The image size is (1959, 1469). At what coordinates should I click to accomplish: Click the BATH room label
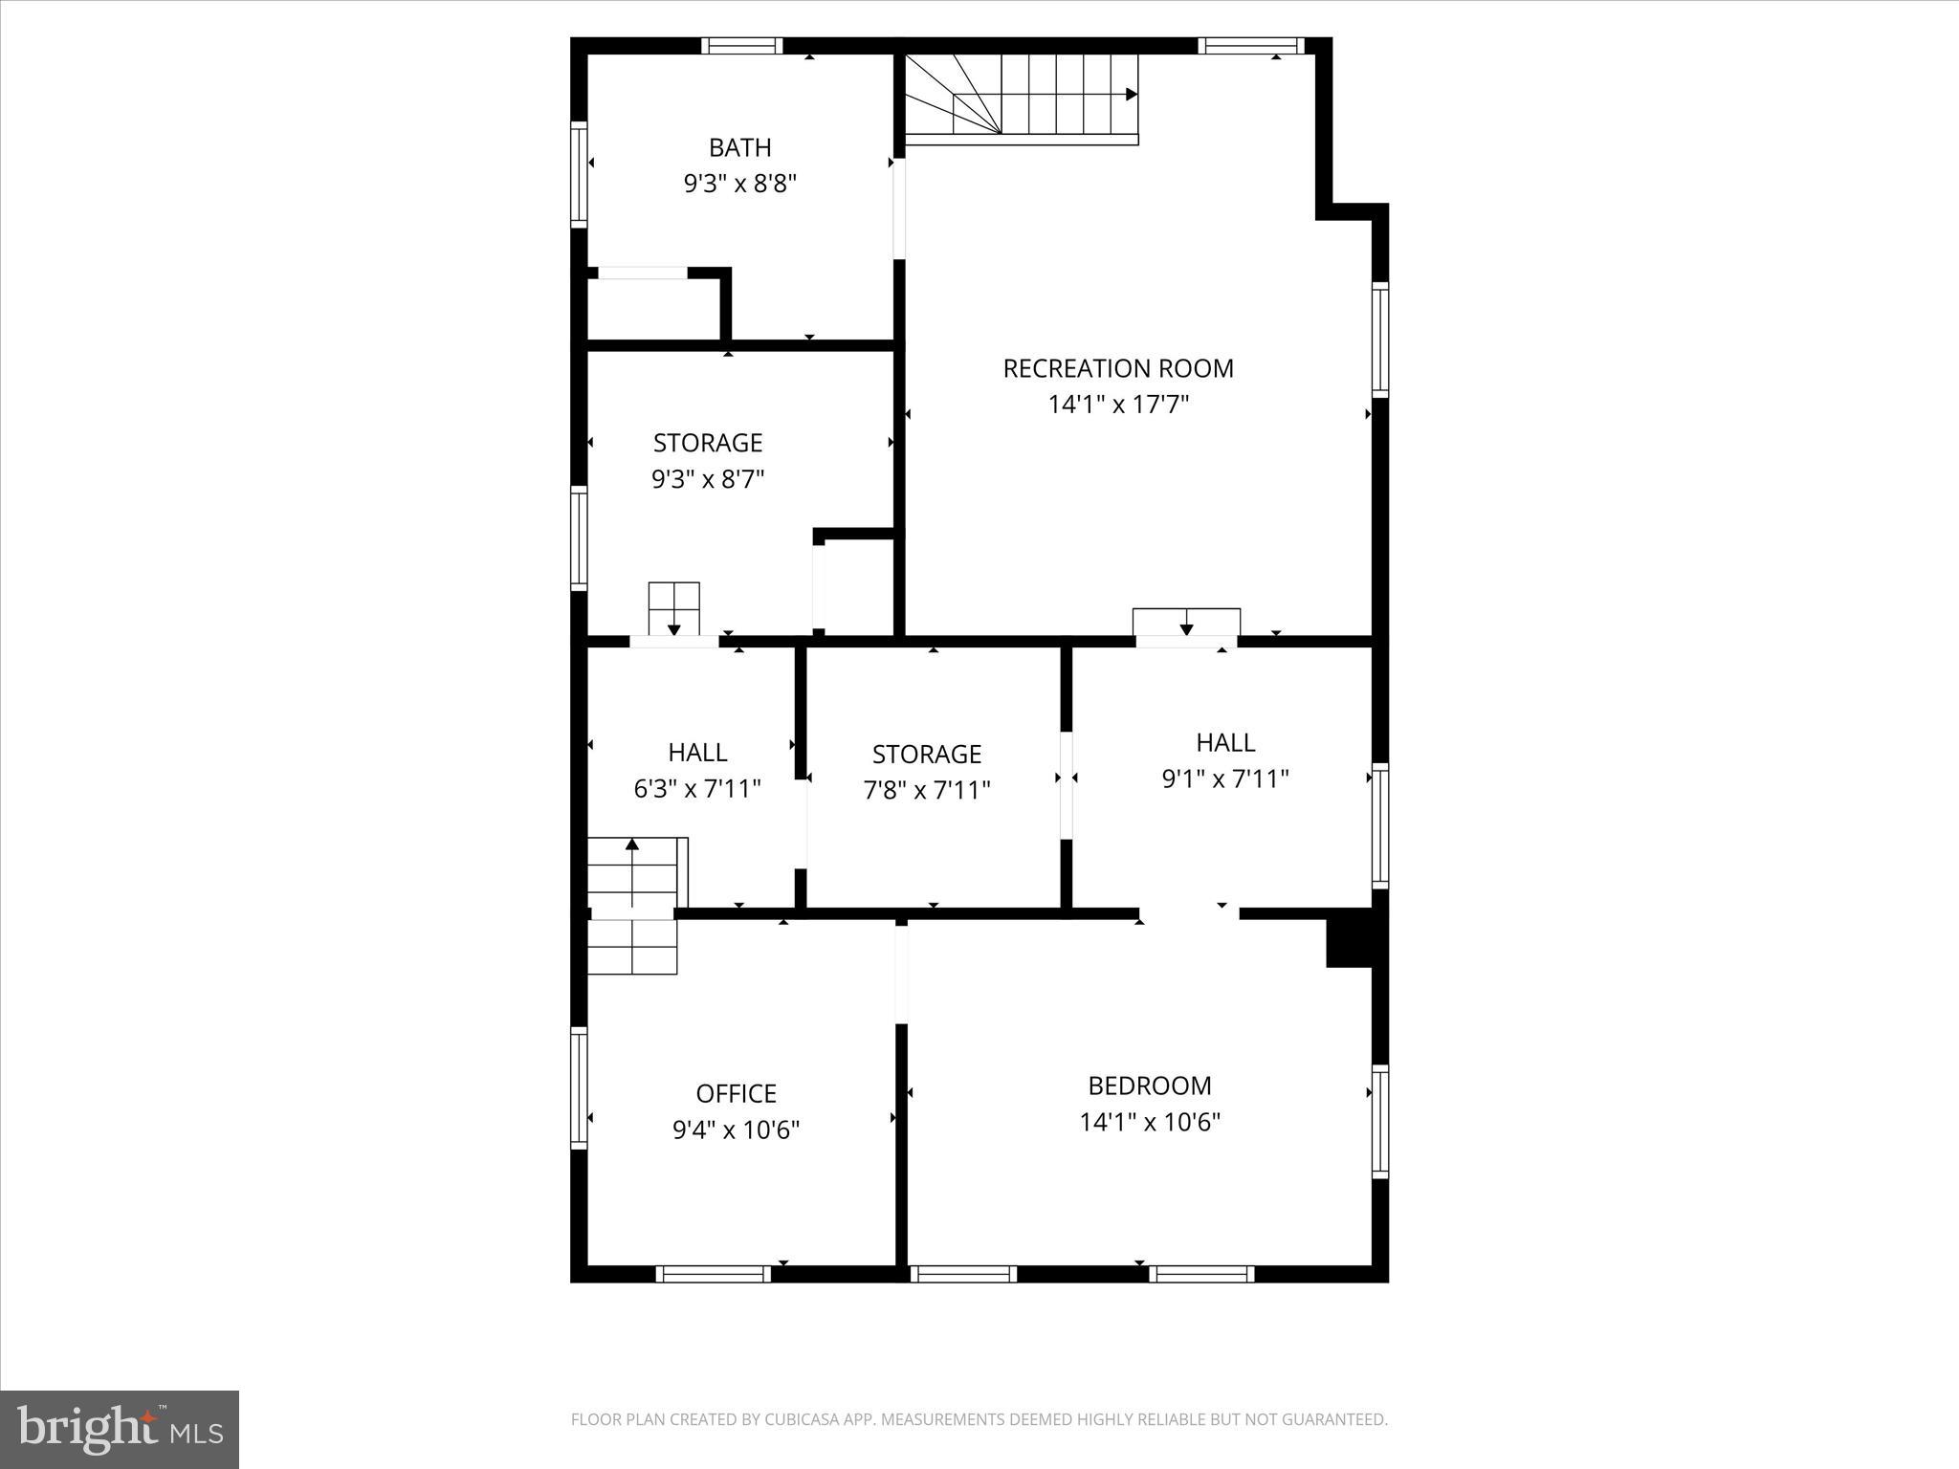click(739, 147)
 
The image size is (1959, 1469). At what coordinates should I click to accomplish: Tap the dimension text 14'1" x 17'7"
click(1117, 405)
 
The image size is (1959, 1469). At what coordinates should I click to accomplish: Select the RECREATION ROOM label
click(1117, 368)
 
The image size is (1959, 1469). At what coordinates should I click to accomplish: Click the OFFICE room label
click(736, 1093)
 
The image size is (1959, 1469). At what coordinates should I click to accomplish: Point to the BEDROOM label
click(1149, 1085)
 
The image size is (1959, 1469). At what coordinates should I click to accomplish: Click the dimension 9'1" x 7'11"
click(1224, 779)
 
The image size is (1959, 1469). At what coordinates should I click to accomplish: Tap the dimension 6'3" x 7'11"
click(697, 789)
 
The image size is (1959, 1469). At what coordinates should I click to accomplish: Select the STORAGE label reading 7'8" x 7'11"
click(926, 755)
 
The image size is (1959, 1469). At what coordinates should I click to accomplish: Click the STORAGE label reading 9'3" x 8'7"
click(708, 443)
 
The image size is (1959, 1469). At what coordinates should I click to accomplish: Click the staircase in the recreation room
click(1022, 96)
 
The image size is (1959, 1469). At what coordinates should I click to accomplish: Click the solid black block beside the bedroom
click(1349, 943)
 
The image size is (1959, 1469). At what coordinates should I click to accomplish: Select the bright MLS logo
click(120, 1429)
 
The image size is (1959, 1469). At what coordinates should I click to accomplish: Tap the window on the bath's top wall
click(741, 45)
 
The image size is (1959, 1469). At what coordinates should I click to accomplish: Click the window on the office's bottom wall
click(713, 1274)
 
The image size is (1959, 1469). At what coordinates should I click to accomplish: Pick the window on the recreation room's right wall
click(1379, 340)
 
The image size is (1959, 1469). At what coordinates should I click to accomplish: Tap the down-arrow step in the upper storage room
click(673, 608)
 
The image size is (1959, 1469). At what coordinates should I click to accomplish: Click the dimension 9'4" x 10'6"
click(736, 1129)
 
